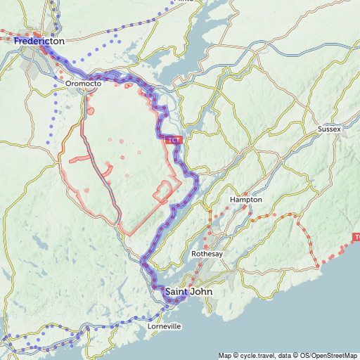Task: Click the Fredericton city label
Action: (39, 41)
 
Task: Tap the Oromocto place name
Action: (84, 84)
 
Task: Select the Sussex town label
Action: (328, 129)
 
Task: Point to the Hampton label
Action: (245, 200)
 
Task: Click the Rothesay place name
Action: (207, 254)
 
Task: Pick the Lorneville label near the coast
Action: (165, 327)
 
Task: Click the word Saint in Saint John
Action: (176, 291)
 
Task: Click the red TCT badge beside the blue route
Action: (174, 141)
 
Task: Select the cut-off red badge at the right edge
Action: (356, 238)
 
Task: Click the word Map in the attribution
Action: (224, 355)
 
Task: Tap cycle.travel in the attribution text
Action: (259, 355)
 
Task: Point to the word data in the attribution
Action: (291, 355)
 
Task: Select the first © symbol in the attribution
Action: (236, 355)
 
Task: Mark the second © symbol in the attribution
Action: (303, 355)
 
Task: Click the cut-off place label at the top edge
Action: (185, 1)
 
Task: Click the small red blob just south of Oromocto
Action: (91, 110)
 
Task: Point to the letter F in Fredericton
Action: (17, 41)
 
